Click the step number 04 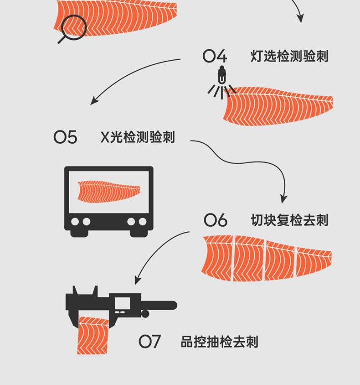click(x=215, y=56)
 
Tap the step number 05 click(x=65, y=137)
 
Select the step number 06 click(x=216, y=220)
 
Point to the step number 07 click(x=149, y=342)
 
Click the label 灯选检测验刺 click(x=289, y=56)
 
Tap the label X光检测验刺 click(x=138, y=137)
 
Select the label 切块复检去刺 click(x=289, y=220)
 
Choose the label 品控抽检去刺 click(x=220, y=342)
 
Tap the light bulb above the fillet click(x=222, y=75)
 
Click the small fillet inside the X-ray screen click(x=109, y=192)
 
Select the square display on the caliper click(x=123, y=303)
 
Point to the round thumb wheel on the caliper click(x=145, y=314)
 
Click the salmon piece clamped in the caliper click(x=93, y=335)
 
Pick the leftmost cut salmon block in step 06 click(x=217, y=258)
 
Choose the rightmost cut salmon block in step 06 click(x=314, y=262)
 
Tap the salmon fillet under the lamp click(x=278, y=106)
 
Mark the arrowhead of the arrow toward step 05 click(x=94, y=101)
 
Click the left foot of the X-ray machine click(x=79, y=234)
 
